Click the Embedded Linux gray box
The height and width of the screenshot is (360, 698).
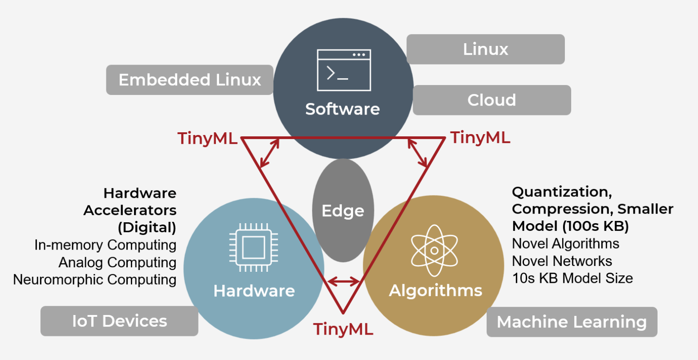click(x=189, y=80)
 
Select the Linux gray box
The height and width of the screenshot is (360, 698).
click(x=485, y=49)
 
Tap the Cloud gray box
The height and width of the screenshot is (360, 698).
click(x=492, y=100)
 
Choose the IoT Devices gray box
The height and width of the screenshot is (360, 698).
click(x=120, y=321)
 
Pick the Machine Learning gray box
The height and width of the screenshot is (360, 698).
click(x=572, y=322)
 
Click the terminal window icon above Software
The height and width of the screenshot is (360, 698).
click(x=344, y=70)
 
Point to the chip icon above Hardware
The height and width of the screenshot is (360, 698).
click(x=253, y=248)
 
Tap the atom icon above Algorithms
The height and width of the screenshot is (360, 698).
click(x=434, y=250)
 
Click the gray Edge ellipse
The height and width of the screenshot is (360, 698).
click(x=343, y=210)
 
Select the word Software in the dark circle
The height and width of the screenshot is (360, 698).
click(x=343, y=109)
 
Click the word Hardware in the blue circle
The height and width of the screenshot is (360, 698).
click(x=254, y=291)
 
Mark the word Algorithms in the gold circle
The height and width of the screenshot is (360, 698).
click(x=435, y=290)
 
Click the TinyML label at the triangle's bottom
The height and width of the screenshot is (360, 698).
click(x=343, y=329)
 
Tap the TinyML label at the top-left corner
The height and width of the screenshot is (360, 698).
click(x=207, y=138)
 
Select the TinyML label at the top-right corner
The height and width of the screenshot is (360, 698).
click(x=480, y=137)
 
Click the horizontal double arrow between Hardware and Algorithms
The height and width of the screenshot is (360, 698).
click(x=344, y=282)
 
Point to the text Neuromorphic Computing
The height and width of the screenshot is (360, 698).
click(x=95, y=280)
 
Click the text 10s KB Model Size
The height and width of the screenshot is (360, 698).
click(x=572, y=278)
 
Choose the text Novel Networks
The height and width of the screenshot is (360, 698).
click(x=562, y=261)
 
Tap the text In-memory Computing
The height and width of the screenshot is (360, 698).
click(x=105, y=245)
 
